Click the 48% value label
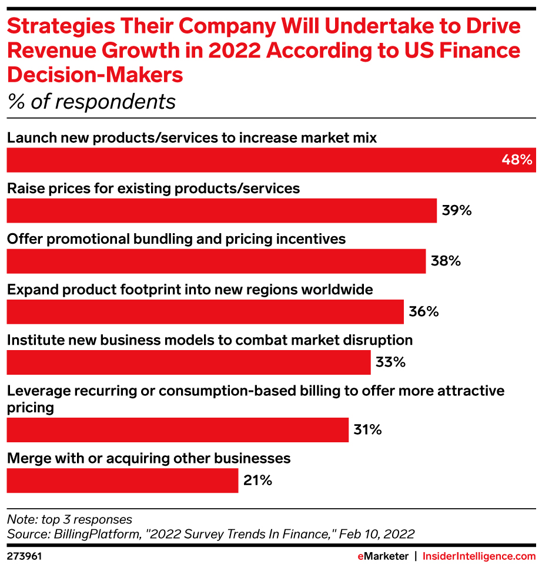[517, 160]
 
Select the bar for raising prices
[222, 210]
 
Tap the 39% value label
[457, 210]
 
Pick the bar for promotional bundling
[216, 261]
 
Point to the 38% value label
[446, 261]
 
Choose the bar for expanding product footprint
[205, 311]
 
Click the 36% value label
[424, 311]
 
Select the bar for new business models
[189, 362]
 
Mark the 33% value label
[391, 362]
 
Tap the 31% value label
[368, 429]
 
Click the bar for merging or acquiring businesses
[122, 480]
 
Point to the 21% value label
[257, 480]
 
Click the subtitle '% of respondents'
[92, 102]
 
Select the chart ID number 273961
[24, 556]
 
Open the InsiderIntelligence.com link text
[479, 556]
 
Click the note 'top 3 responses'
[69, 519]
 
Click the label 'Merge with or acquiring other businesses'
[149, 458]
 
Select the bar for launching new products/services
[253, 160]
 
